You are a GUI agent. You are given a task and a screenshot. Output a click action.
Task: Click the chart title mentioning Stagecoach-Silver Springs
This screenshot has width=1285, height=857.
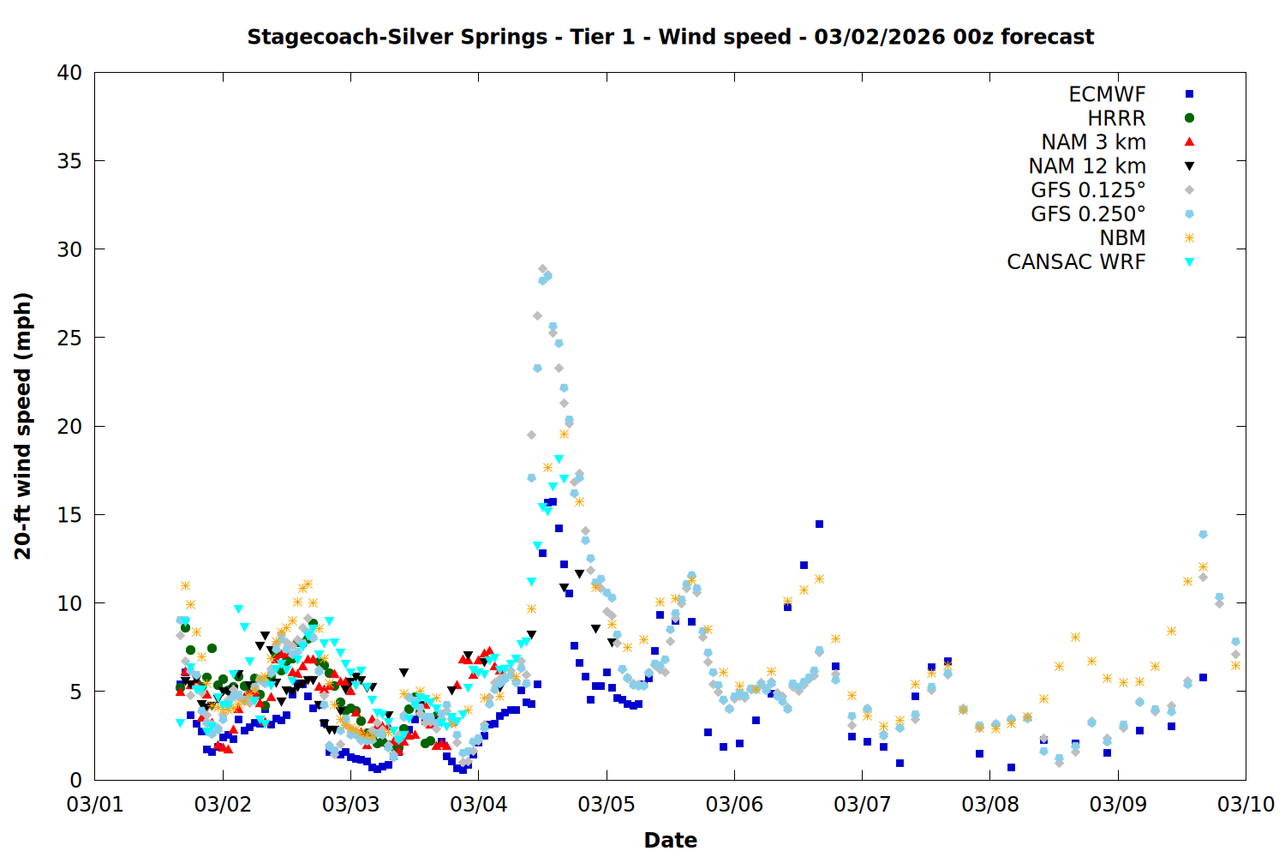coord(670,37)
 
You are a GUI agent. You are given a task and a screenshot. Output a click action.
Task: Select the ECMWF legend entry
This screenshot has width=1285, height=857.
coord(1107,94)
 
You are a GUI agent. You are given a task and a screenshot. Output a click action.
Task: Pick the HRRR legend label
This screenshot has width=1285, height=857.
coord(1116,118)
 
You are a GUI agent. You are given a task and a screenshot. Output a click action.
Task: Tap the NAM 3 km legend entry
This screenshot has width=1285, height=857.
coord(1093,142)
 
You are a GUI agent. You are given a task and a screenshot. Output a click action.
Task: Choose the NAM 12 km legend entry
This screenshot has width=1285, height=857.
coord(1087,166)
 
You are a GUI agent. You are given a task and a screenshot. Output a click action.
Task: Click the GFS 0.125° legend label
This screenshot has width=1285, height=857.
coord(1088,190)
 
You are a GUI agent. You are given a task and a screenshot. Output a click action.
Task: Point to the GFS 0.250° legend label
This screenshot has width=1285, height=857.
coord(1088,214)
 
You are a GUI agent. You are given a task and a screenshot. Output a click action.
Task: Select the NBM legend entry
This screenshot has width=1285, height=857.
coord(1122,238)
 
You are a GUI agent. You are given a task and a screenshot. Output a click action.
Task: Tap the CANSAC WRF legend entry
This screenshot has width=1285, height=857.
coord(1076,262)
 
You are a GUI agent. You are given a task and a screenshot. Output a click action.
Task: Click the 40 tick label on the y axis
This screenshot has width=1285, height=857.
coord(69,73)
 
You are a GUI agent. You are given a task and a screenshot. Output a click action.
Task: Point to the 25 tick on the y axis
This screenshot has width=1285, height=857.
coord(69,338)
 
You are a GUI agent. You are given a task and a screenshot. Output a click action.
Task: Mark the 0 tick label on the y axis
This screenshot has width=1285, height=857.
coord(75,780)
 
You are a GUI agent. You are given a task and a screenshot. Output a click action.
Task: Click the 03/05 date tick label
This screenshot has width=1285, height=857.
coord(607,805)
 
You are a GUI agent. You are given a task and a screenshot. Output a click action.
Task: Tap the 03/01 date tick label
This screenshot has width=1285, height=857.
coord(95,805)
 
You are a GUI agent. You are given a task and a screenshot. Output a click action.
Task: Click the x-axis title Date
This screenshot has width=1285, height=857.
coord(670,840)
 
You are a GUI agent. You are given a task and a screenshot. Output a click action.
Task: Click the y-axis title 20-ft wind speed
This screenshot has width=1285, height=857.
coord(23,426)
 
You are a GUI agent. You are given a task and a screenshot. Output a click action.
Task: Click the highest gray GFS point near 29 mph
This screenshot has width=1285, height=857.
coord(542,269)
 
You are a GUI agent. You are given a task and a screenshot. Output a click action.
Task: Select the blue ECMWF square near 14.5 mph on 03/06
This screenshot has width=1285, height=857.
coord(819,524)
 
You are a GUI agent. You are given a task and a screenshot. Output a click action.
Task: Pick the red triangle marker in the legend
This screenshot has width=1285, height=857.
coord(1189,142)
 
